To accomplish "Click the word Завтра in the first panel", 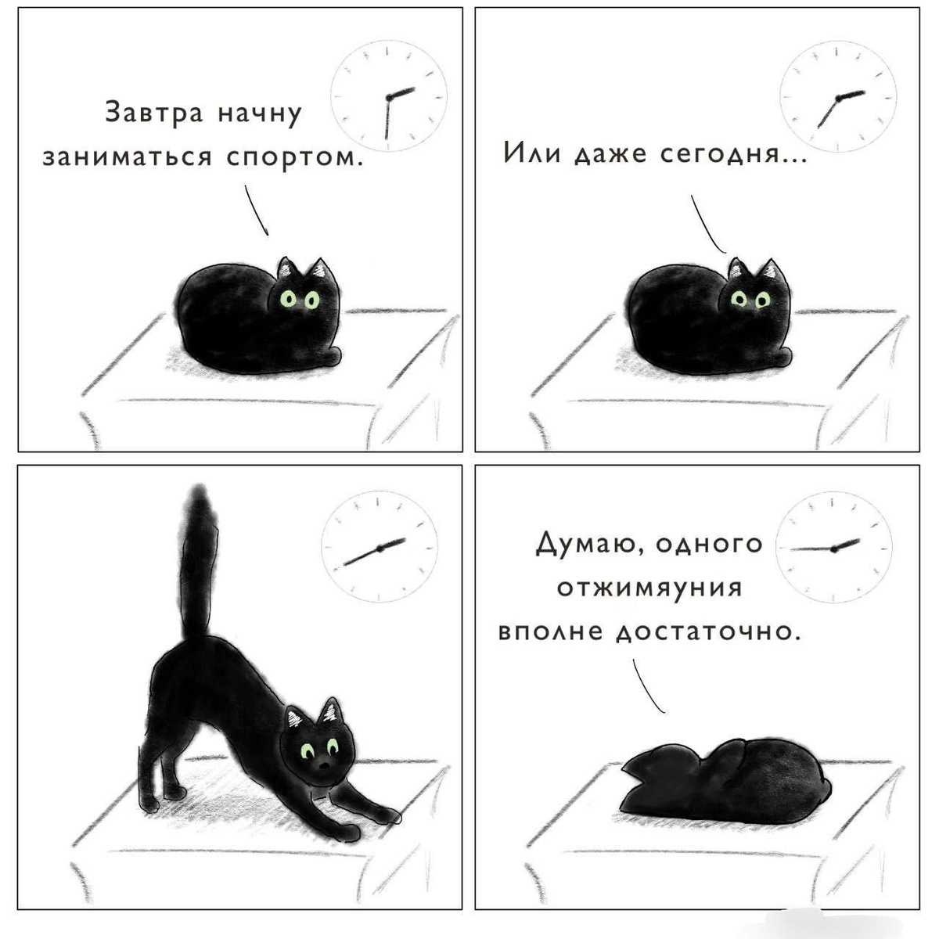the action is coord(153,113).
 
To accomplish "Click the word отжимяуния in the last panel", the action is coord(649,588).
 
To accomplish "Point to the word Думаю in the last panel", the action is coord(586,544).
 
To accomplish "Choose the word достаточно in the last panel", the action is coord(708,632).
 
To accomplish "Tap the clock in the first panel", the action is coord(389,96).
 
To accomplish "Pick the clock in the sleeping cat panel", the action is coord(833,548).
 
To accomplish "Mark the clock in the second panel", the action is coord(837,97).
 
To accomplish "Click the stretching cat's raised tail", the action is coord(197,560).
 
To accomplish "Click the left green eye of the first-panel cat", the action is coord(289,299).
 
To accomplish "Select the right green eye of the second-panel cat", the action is coord(763,300).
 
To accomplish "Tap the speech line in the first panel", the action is coord(256,210).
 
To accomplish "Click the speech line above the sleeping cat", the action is coord(648,685).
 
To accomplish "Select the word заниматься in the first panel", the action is coord(128,157).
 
